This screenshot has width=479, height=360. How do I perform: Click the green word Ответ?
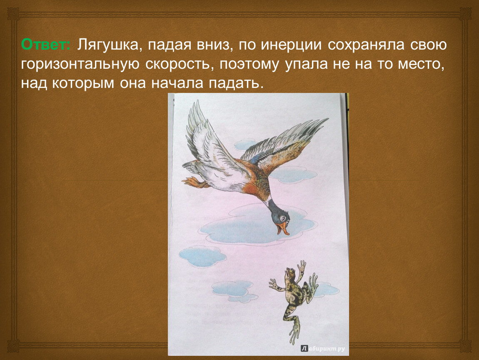coord(46,45)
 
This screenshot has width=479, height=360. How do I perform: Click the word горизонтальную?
coord(80,65)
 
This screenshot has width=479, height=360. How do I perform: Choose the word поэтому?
coord(249,65)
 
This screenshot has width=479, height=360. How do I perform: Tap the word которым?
coord(83,83)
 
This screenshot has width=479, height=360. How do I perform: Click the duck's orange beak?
coord(283,228)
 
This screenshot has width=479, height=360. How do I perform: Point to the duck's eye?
coord(284,218)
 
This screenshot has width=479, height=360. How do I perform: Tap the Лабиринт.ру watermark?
coord(323,348)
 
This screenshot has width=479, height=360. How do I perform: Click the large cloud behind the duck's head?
coord(256,225)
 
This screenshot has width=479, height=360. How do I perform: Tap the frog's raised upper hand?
coord(302,265)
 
